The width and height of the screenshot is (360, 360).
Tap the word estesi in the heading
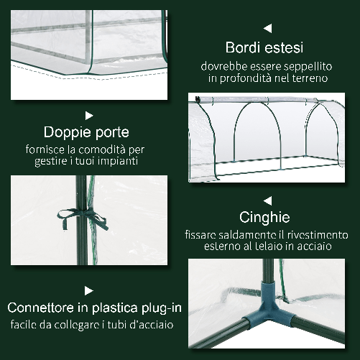283,48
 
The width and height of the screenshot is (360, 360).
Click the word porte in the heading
112,132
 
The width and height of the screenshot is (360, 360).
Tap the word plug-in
158,308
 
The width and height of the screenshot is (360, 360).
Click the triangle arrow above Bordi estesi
267,29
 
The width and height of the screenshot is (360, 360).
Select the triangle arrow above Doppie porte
89,114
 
